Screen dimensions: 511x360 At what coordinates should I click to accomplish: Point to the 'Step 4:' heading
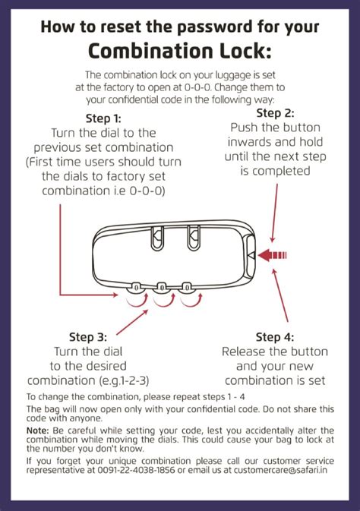click(274, 337)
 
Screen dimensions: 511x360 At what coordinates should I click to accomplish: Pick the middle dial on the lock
click(162, 288)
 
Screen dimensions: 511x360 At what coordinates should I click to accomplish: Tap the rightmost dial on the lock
click(187, 288)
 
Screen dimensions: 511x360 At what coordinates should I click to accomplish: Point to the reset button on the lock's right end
click(251, 254)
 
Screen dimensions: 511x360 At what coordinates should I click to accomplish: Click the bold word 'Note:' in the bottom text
click(38, 429)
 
